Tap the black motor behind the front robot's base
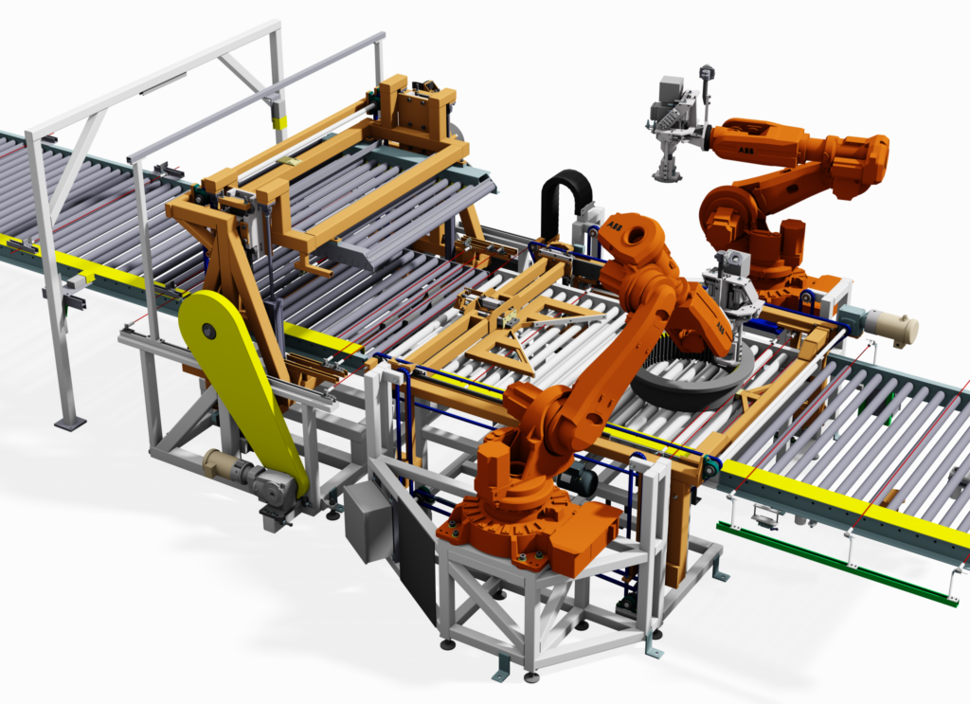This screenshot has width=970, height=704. (576, 481)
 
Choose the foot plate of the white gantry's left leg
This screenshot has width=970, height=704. (69, 424)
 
